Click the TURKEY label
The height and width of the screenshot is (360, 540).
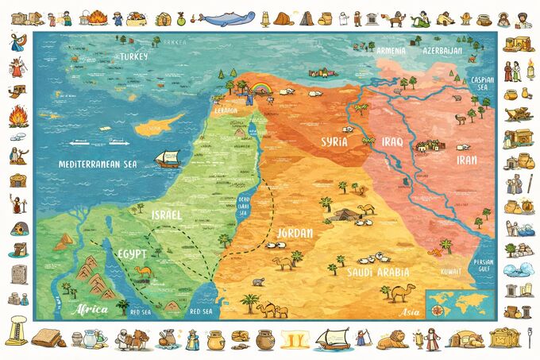(129, 56)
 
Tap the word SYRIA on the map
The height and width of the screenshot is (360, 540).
(334, 142)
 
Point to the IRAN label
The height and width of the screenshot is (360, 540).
(465, 160)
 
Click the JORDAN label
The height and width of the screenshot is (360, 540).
(294, 234)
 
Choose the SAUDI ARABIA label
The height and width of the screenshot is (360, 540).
(376, 272)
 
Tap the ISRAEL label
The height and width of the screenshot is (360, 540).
(168, 215)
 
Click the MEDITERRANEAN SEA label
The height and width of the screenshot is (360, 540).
(98, 164)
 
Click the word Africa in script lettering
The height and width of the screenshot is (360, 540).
(87, 310)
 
